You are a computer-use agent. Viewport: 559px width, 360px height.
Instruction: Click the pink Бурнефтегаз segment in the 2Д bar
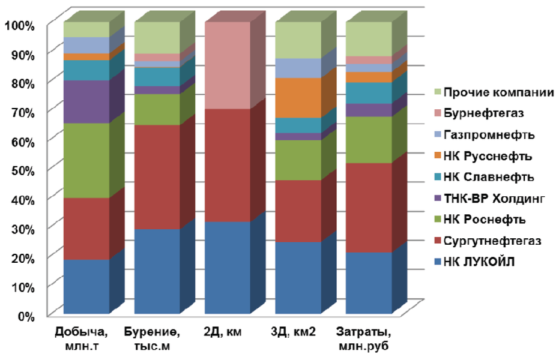click(228, 65)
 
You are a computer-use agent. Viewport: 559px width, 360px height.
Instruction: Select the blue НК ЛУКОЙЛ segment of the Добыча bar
click(86, 286)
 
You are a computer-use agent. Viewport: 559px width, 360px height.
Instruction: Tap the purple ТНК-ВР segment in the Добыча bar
click(86, 101)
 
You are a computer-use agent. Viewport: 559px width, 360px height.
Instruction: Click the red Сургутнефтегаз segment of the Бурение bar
click(157, 176)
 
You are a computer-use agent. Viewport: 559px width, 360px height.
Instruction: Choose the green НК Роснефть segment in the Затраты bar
click(369, 139)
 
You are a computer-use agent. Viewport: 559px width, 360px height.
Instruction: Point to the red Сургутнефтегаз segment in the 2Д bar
click(228, 165)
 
